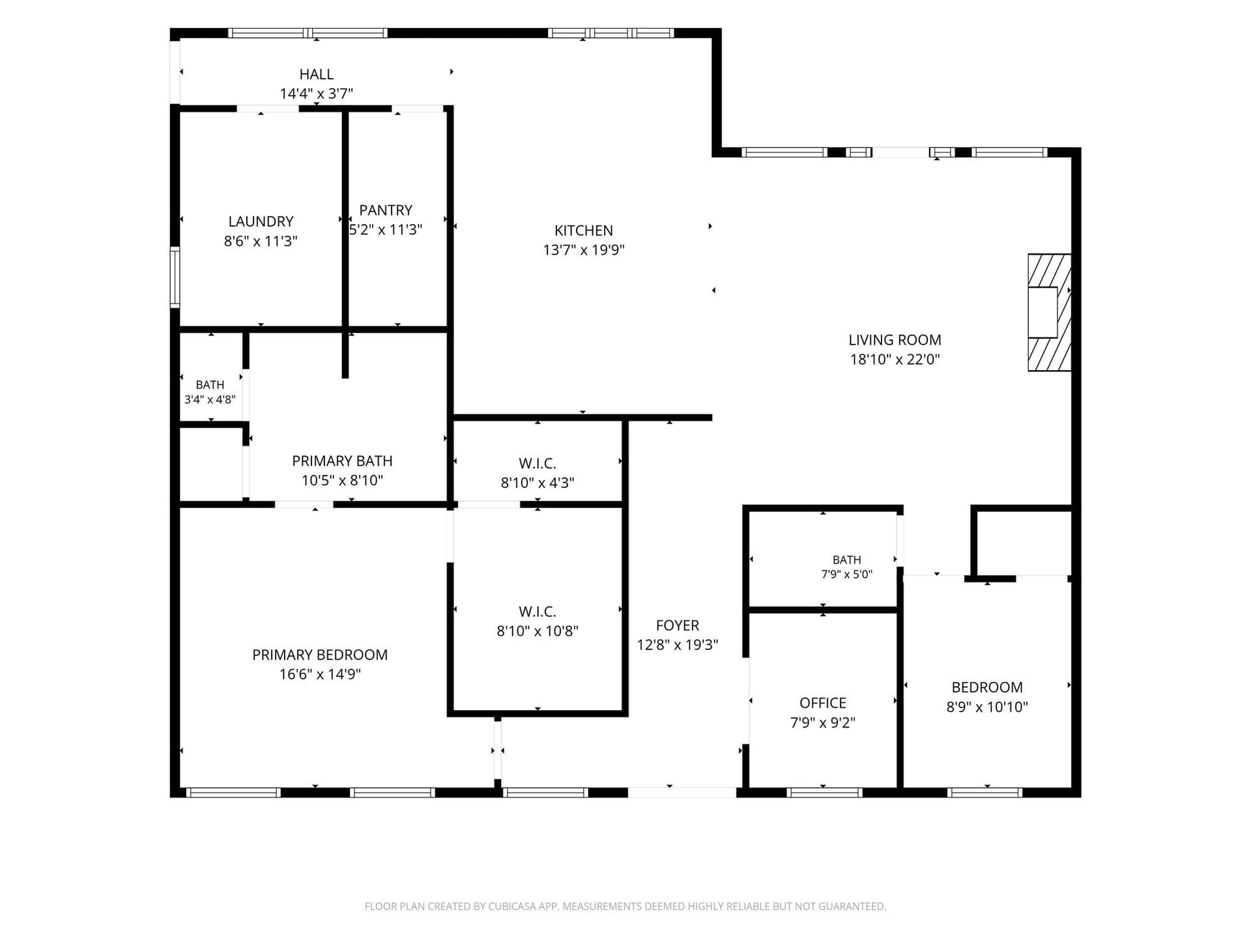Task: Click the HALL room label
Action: [317, 74]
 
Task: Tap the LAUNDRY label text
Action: [261, 221]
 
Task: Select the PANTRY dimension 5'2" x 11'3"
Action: [386, 230]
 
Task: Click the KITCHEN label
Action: [584, 231]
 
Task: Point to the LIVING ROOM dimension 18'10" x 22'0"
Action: [895, 359]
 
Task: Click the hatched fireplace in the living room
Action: [1050, 313]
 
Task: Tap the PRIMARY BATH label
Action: [342, 461]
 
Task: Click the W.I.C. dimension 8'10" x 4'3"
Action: [538, 483]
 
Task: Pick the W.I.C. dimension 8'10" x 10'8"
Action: [538, 631]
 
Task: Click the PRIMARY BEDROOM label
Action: [320, 655]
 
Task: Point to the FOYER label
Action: [678, 625]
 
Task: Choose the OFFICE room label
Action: [823, 703]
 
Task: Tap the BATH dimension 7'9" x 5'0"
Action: [847, 575]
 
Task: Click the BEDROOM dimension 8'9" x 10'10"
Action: [987, 707]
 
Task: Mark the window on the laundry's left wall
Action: [175, 276]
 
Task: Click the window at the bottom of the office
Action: [824, 793]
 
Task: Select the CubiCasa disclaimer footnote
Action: [625, 906]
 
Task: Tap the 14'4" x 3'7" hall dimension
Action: [317, 94]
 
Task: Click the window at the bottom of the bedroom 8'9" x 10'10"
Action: [985, 793]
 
